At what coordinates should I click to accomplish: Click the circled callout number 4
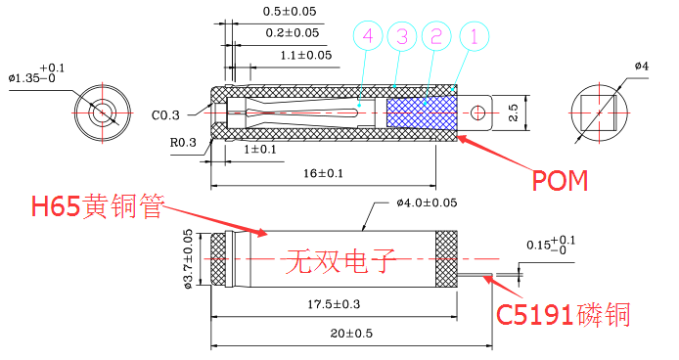367,38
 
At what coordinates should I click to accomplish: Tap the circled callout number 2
436,38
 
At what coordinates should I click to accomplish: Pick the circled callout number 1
473,38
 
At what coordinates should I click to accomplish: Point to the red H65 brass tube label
97,206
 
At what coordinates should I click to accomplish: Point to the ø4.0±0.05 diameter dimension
427,203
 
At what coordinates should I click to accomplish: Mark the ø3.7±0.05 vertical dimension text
188,259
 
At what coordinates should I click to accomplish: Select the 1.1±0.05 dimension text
306,55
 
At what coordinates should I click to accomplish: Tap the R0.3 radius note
183,143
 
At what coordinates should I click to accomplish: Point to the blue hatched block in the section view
422,109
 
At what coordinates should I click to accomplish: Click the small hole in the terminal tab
479,112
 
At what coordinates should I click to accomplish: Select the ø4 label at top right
641,66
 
